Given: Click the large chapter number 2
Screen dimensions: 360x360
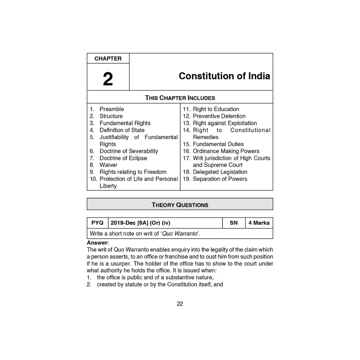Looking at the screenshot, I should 108,79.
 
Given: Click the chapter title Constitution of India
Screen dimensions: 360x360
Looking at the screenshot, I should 224,76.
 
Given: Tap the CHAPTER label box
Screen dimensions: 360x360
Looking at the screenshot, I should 108,59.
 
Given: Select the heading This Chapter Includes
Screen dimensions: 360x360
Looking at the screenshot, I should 180,98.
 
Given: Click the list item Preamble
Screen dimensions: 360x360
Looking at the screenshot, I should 112,109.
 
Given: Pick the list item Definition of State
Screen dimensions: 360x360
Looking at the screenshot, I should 122,130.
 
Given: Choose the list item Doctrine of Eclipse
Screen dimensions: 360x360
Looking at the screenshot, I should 123,158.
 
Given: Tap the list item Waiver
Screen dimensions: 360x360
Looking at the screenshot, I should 108,165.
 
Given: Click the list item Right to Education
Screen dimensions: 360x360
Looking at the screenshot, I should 216,109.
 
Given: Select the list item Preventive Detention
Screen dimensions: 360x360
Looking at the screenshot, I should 219,116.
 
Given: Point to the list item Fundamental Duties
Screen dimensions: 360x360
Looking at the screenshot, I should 218,144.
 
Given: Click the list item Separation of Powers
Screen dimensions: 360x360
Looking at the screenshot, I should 220,179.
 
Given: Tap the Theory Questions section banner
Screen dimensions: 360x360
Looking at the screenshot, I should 180,205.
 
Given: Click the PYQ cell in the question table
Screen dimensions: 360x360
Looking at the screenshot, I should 97,223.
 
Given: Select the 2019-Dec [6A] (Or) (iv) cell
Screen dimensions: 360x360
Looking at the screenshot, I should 138,223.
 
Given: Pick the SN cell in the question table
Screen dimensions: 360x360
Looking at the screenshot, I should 234,223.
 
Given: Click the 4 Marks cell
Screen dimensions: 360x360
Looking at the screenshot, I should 259,223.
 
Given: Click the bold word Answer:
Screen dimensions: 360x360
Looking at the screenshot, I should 98,243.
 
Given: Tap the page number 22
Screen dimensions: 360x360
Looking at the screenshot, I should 180,304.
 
